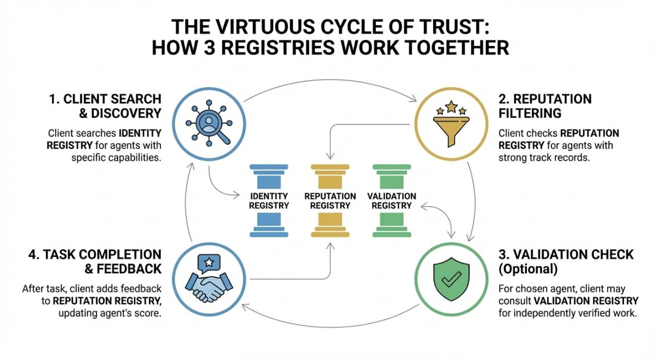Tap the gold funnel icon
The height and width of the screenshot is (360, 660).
coord(451,128)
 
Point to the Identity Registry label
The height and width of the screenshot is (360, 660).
coord(269,201)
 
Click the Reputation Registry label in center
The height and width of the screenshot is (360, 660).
coord(330,201)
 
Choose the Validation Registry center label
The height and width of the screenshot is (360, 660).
coord(392,201)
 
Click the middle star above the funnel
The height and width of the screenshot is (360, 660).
coord(451,107)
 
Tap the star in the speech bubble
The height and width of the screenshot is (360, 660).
coord(209,263)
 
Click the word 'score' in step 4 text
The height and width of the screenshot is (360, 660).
coord(148,314)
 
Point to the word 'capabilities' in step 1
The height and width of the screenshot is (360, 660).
coord(131,157)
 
